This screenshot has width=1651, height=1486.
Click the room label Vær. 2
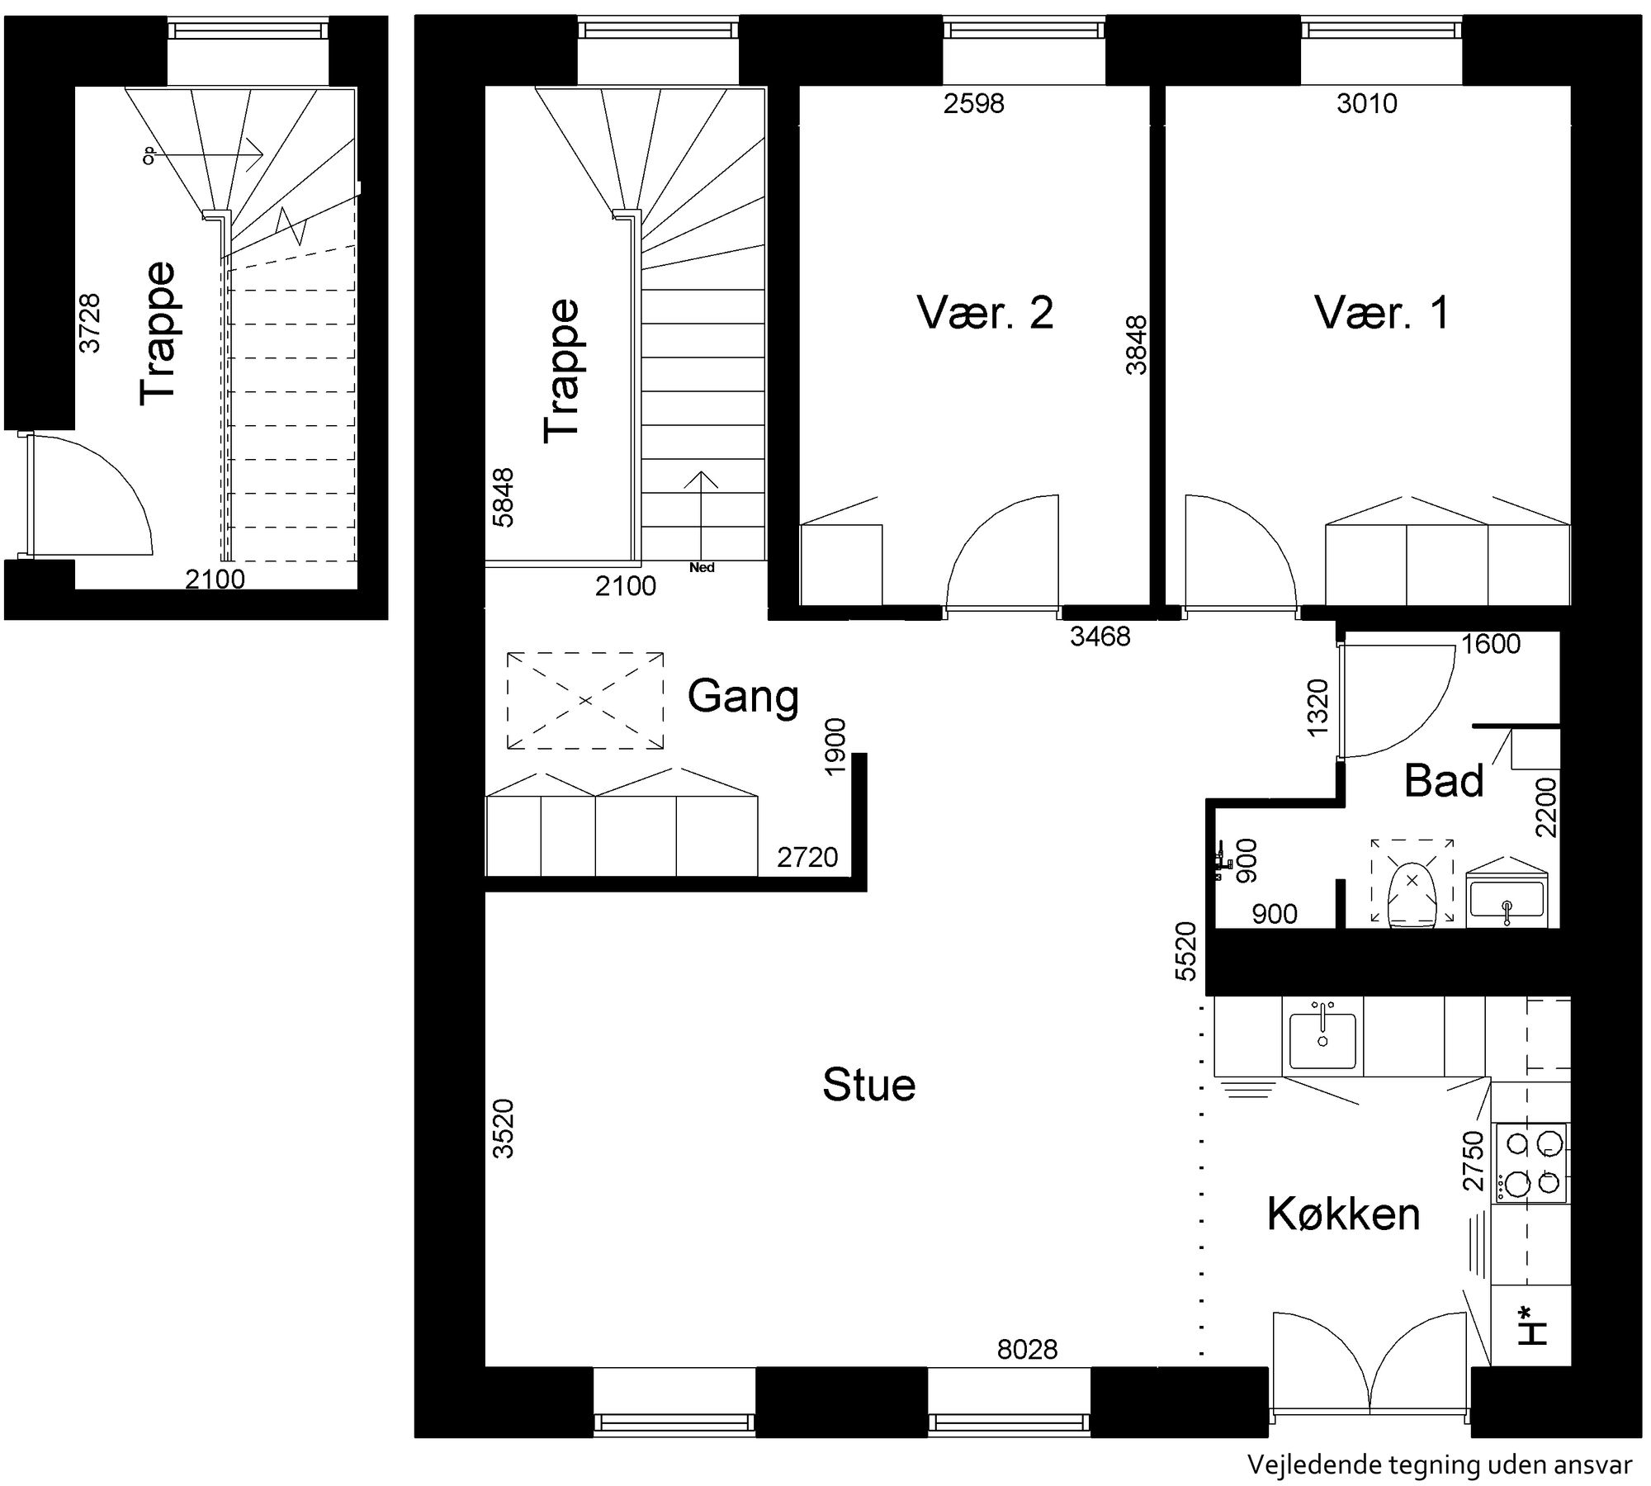click(x=985, y=314)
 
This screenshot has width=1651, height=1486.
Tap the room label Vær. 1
click(x=1382, y=314)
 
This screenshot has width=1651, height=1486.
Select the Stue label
click(x=869, y=1085)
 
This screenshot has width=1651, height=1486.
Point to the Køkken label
click(x=1343, y=1214)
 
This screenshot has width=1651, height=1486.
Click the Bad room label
click(x=1444, y=780)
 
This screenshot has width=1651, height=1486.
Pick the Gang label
click(x=743, y=696)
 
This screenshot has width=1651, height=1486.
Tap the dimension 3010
click(x=1367, y=103)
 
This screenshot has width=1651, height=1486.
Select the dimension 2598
click(x=974, y=103)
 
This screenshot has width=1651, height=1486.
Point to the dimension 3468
click(x=1100, y=636)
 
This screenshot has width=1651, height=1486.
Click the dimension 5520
click(x=1185, y=951)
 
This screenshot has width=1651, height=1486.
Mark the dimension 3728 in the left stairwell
click(x=89, y=323)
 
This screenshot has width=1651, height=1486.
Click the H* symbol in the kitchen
click(x=1532, y=1347)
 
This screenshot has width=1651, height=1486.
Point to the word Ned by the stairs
click(x=702, y=568)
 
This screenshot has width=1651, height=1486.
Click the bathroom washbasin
click(x=1507, y=898)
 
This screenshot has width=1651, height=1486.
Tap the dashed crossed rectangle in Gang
click(x=585, y=701)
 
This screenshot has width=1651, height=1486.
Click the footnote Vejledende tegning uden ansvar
click(x=1440, y=1465)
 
